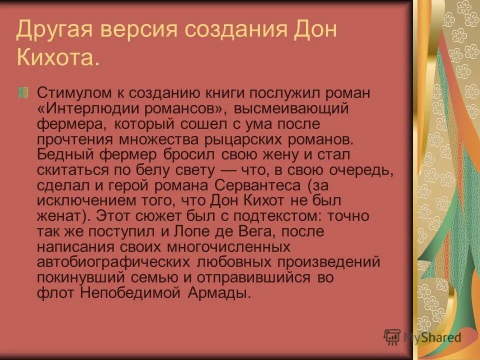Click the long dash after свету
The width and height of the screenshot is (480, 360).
(227, 170)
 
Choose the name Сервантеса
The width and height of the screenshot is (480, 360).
(258, 185)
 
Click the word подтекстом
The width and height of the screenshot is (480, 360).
(260, 216)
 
